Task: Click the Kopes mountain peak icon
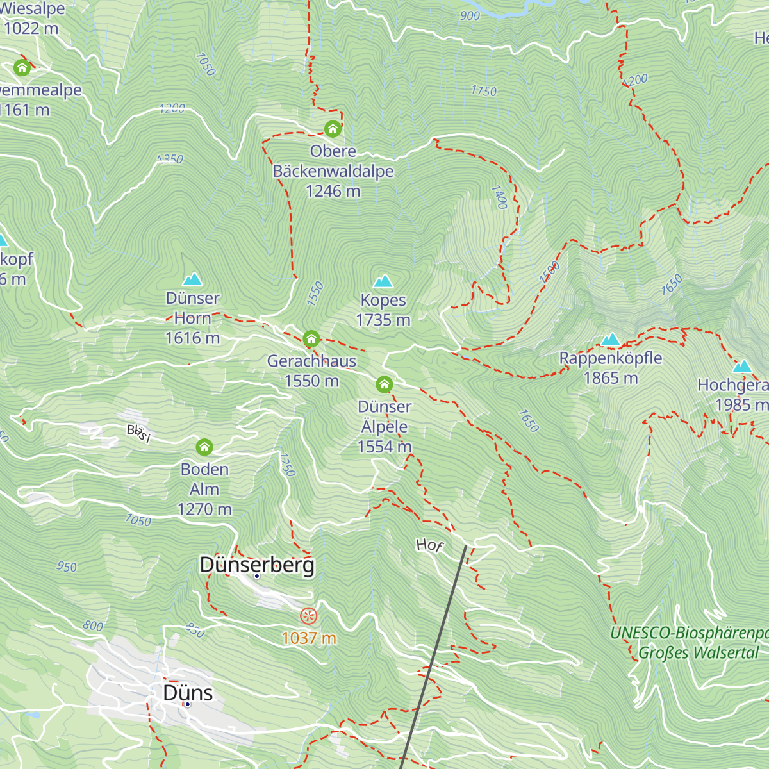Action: (x=383, y=281)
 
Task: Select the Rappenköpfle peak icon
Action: (x=611, y=339)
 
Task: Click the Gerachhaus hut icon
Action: (x=311, y=338)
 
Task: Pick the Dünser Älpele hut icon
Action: (x=384, y=384)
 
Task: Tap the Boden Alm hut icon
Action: (x=204, y=447)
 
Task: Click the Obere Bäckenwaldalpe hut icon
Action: (x=333, y=129)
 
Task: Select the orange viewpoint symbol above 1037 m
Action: (x=309, y=616)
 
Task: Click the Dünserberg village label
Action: (x=257, y=565)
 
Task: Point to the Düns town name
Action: (x=188, y=693)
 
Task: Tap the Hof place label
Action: (x=429, y=545)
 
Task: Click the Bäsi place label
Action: (x=138, y=433)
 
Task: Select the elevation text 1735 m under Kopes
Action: (x=383, y=320)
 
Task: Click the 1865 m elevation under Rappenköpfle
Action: (x=611, y=378)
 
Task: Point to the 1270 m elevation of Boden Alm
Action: (x=204, y=509)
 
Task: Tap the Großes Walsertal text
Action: (x=699, y=653)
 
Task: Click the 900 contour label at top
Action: (x=470, y=15)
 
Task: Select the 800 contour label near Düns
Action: (x=93, y=625)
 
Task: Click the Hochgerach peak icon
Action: (x=742, y=366)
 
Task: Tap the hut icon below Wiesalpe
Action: (x=22, y=67)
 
